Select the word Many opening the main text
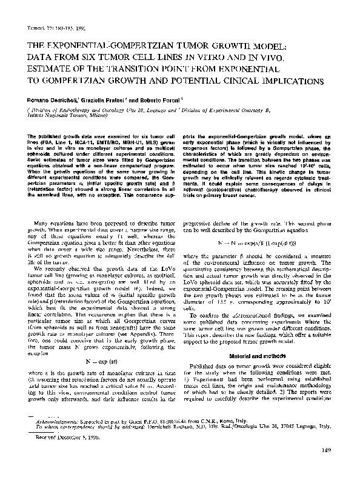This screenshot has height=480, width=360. pyautogui.click(x=48, y=207)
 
